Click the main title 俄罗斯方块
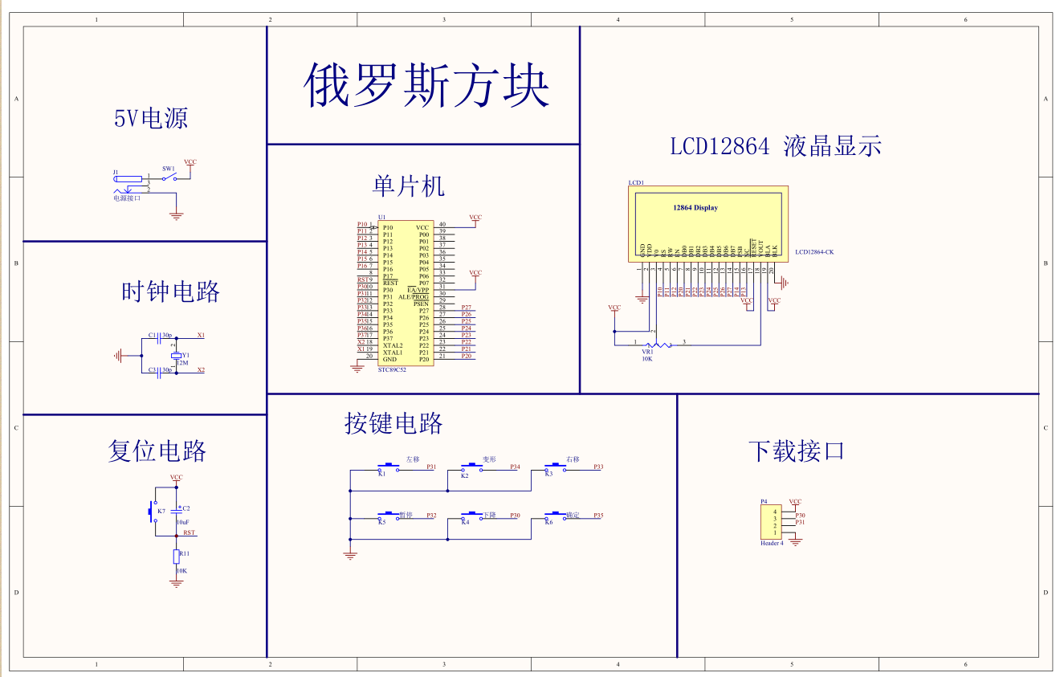[426, 85]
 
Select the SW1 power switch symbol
[169, 177]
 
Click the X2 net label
[201, 370]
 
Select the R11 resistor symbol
[177, 557]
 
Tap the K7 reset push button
[152, 511]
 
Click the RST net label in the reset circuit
[189, 532]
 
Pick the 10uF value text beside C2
[183, 522]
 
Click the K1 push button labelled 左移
[389, 467]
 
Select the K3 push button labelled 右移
[553, 467]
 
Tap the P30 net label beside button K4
[515, 515]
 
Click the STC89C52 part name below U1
[392, 369]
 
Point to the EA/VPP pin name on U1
[418, 290]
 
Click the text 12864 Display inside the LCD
[695, 208]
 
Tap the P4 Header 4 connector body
[769, 522]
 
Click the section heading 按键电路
[393, 423]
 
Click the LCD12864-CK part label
[814, 252]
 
